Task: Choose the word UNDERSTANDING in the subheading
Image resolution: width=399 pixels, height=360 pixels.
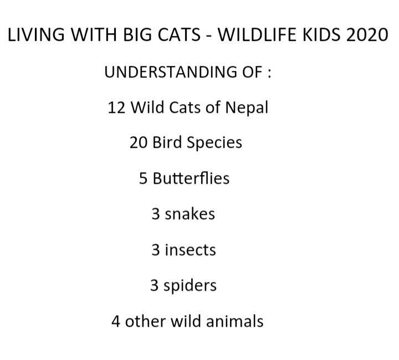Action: click(x=166, y=72)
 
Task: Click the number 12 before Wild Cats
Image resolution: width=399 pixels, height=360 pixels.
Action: click(x=117, y=107)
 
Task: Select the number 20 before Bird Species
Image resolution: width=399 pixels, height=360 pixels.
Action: click(x=137, y=142)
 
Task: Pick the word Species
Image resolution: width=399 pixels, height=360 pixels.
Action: click(x=214, y=143)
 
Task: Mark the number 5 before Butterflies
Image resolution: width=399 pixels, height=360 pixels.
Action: click(x=143, y=178)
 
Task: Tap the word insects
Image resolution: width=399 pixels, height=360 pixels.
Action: click(x=191, y=249)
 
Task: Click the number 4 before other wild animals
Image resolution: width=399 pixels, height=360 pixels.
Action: click(x=115, y=321)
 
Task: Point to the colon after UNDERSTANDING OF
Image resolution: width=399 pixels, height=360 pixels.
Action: click(x=269, y=73)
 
